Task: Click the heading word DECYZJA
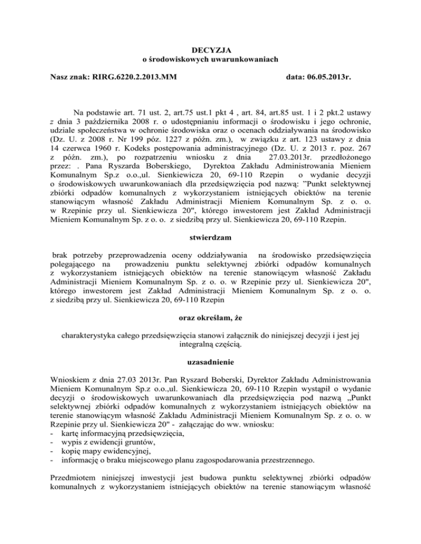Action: point(210,50)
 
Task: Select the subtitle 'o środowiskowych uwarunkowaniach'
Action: point(210,60)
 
